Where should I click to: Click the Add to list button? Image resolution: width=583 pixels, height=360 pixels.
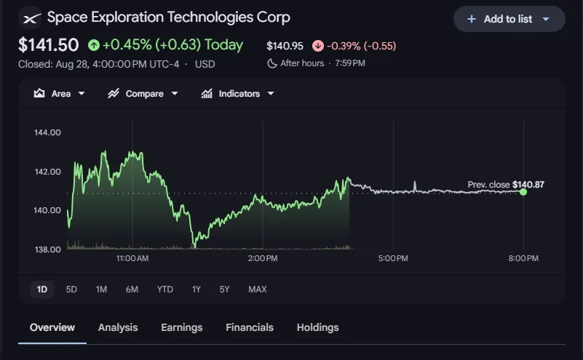click(509, 19)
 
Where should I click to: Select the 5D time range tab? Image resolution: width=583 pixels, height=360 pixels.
click(71, 289)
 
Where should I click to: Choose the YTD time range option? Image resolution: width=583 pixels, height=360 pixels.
click(164, 289)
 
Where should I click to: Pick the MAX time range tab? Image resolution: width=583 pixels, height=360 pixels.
click(258, 289)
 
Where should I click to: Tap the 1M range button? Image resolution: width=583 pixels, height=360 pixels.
click(101, 289)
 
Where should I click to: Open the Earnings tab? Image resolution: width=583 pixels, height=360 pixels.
click(182, 327)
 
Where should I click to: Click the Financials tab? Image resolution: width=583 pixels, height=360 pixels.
click(250, 327)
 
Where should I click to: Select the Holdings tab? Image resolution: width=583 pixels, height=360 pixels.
click(318, 327)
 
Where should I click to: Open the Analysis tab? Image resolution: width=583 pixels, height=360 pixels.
click(118, 327)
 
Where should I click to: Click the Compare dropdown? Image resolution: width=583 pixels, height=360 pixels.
click(143, 94)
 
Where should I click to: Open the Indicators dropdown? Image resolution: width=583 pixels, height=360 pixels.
click(237, 94)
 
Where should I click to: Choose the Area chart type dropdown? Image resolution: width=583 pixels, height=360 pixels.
click(60, 94)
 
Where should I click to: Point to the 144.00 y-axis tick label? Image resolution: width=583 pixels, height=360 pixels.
click(47, 132)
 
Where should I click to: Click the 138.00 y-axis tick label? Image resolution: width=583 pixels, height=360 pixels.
click(47, 249)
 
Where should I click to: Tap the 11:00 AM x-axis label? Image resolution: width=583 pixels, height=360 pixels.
click(132, 258)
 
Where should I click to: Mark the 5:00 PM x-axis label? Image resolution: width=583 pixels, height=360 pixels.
click(393, 258)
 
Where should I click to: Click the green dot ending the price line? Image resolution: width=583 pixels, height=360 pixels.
click(523, 192)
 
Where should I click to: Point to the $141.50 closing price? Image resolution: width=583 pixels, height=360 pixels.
click(48, 45)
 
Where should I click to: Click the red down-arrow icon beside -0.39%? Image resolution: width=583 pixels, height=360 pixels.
click(318, 46)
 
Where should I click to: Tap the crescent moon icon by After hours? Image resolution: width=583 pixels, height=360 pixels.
click(272, 63)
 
